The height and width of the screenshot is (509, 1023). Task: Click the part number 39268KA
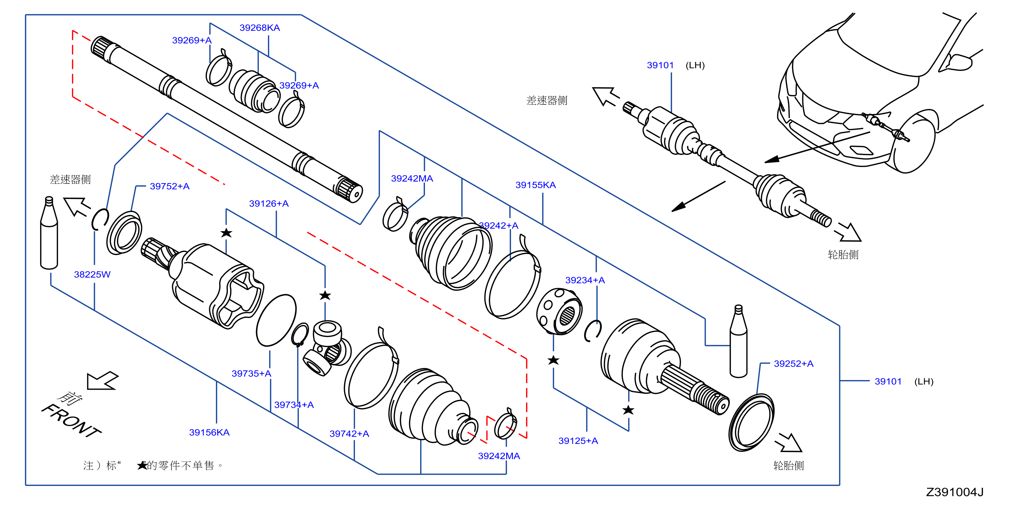260,28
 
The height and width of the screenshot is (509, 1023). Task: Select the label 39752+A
170,186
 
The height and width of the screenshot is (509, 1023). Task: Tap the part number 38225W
92,275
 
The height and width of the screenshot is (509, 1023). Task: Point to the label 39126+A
269,204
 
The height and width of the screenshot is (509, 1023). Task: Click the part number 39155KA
536,185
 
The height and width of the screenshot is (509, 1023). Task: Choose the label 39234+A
585,281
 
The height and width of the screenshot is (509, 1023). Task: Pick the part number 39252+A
793,364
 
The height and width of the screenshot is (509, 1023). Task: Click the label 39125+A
578,441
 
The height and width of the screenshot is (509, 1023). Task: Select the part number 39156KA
209,433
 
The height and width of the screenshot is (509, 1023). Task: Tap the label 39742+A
350,434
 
